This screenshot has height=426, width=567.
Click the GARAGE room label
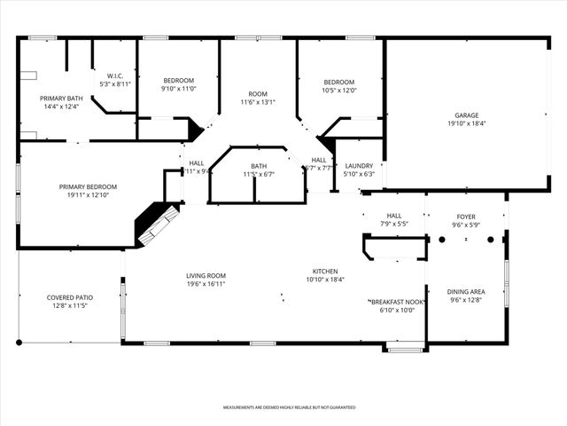(467, 114)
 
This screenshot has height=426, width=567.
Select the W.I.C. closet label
(113, 75)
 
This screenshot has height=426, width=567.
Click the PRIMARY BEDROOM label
(88, 186)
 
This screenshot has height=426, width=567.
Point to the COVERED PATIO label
(71, 297)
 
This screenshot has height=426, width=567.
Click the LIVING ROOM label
(206, 275)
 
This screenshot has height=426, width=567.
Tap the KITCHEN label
(325, 271)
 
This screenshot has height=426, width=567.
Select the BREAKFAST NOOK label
(397, 302)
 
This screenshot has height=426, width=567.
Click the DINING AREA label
(465, 292)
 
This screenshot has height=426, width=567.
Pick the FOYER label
(466, 217)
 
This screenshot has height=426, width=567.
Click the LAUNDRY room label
(359, 166)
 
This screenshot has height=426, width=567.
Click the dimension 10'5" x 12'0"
(339, 90)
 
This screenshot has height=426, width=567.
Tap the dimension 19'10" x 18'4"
(467, 123)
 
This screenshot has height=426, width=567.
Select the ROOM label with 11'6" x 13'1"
(258, 94)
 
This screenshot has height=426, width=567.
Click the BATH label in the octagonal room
(258, 166)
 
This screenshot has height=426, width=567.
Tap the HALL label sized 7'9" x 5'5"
(393, 216)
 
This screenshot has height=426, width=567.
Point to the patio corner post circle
(19, 343)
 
